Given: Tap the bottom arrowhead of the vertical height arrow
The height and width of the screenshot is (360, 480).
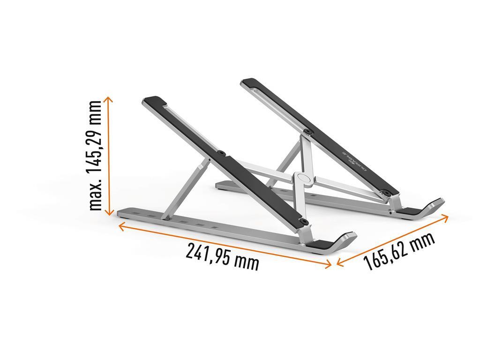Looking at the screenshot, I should point(109,212).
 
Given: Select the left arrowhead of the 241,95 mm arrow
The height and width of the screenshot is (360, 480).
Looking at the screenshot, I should point(121,226).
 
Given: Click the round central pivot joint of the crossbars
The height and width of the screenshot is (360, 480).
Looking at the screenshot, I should point(303,179).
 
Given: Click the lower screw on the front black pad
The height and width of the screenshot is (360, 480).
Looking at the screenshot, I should point(305,220).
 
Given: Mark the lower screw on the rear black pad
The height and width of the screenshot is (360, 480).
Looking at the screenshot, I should point(387,192).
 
